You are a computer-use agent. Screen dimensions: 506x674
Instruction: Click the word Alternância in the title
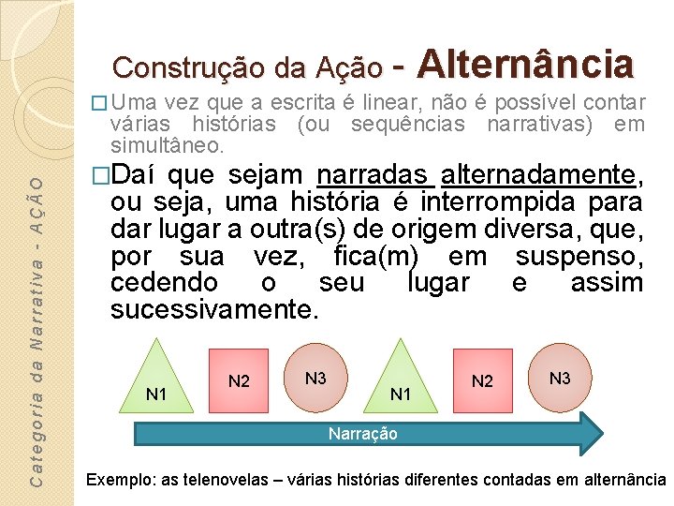pos(526,64)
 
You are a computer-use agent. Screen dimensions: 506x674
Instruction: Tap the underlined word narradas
pos(374,175)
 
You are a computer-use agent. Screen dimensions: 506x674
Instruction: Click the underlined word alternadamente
pos(539,175)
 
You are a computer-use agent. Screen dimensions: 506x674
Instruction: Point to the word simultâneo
pos(166,145)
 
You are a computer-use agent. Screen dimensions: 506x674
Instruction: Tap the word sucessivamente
pos(214,310)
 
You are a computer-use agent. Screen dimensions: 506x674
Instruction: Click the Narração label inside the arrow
pos(362,434)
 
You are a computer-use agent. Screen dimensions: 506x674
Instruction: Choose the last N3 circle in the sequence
pos(560,378)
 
